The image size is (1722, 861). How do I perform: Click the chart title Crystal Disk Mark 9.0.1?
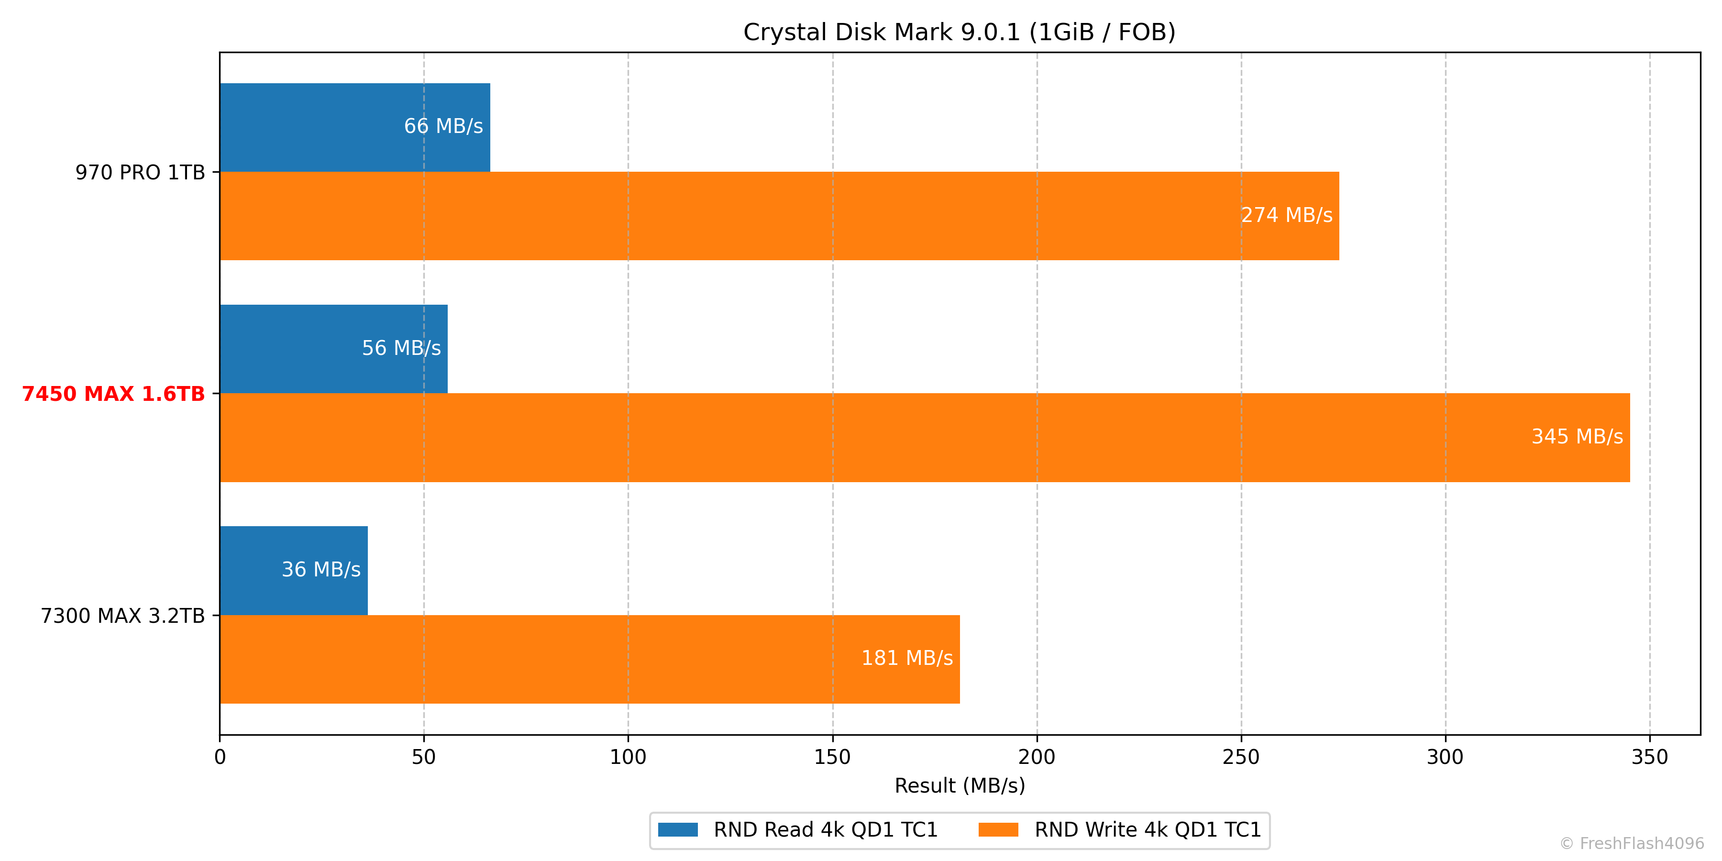[x=959, y=32]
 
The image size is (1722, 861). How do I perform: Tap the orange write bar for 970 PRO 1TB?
[x=735, y=216]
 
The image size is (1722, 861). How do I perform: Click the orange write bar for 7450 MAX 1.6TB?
[x=869, y=437]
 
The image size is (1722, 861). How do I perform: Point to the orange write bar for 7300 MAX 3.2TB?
[x=535, y=659]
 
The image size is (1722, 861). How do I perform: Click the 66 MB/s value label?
[x=443, y=126]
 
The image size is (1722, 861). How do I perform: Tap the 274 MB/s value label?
[x=1286, y=215]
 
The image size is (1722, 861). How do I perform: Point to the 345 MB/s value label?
[x=1577, y=437]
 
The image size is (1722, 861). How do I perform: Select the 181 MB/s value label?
[x=906, y=659]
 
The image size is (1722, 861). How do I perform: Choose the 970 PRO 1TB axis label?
[x=140, y=173]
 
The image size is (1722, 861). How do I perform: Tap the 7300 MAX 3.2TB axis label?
[x=122, y=616]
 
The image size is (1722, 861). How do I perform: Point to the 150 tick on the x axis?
[x=832, y=757]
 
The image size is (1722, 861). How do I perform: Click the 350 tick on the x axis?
[x=1649, y=757]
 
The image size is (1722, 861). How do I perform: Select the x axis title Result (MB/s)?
[x=959, y=785]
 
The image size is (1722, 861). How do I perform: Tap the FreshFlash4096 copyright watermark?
[x=1631, y=844]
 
